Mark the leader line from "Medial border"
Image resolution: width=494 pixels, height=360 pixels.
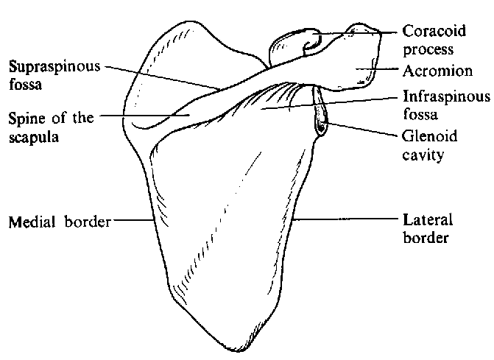pyautogui.click(x=131, y=220)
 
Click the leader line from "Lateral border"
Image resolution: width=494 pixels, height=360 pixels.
pyautogui.click(x=346, y=219)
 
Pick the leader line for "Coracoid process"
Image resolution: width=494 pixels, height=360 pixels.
pyautogui.click(x=361, y=32)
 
